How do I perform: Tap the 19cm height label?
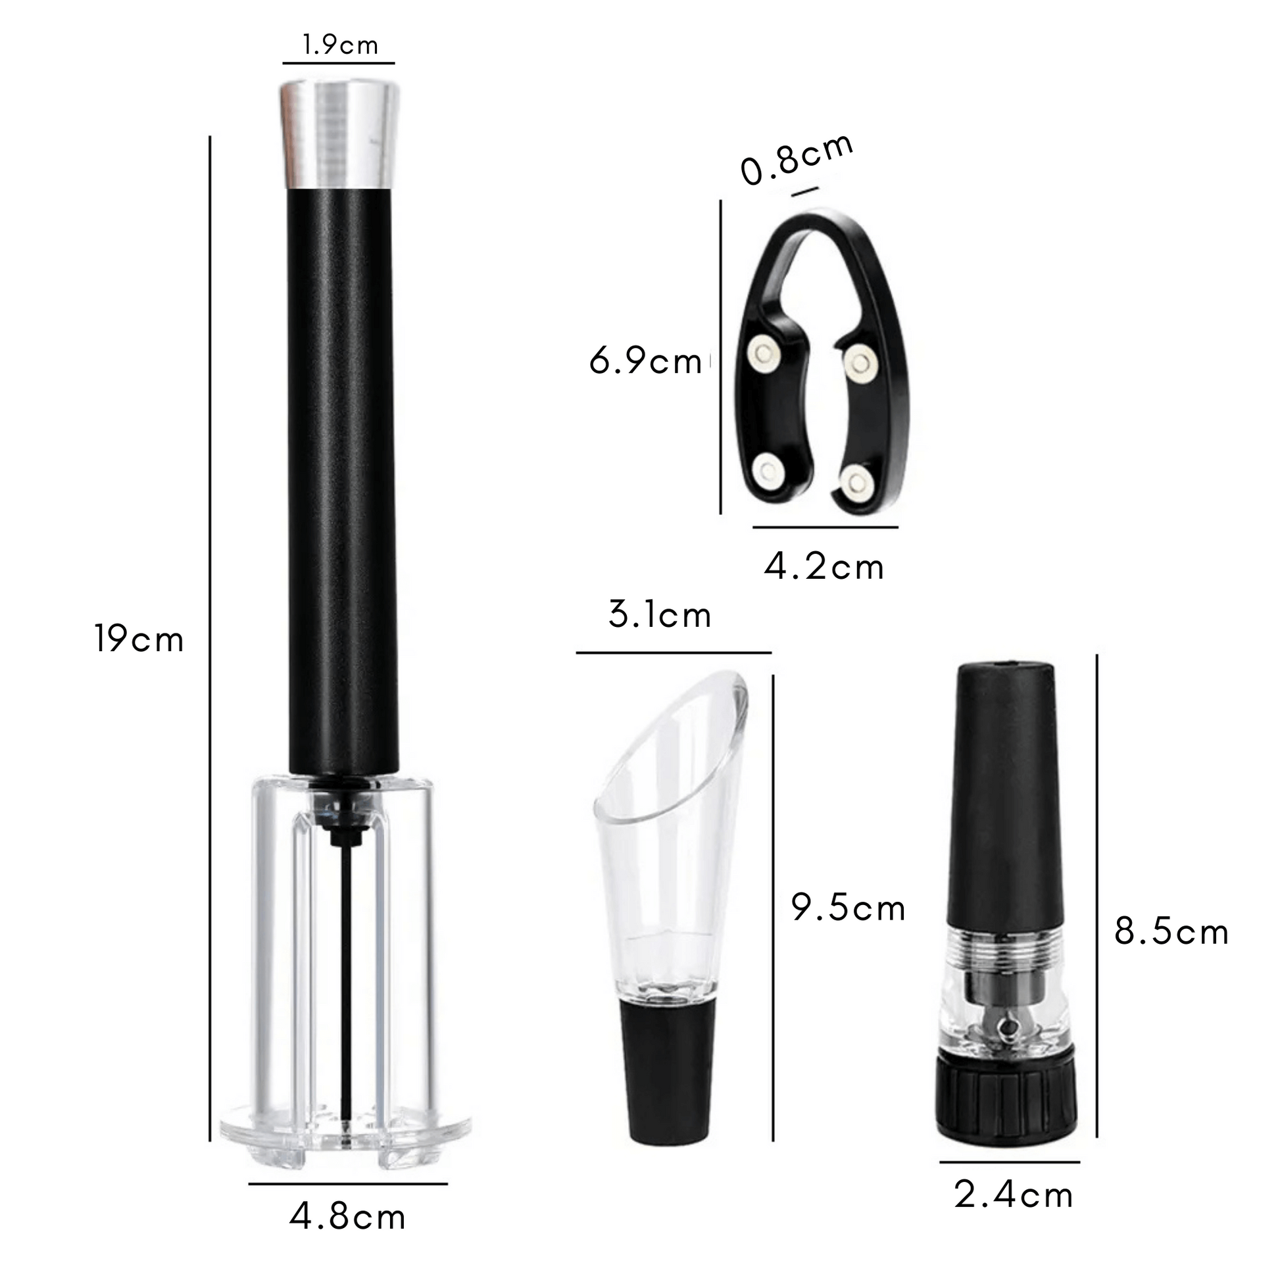(139, 640)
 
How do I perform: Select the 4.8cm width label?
(347, 1218)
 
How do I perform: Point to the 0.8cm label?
(797, 160)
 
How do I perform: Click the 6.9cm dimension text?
(645, 362)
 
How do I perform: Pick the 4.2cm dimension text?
(824, 567)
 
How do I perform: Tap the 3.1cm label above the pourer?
(660, 615)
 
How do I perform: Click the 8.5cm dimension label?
(1171, 932)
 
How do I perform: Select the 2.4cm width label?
(1014, 1195)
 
